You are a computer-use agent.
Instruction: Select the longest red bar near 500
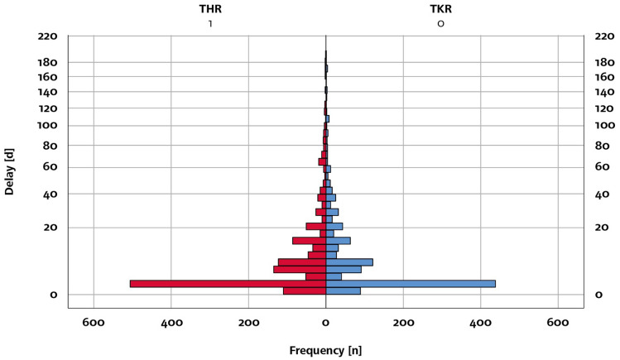(x=228, y=284)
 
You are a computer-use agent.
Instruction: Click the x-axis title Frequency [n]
(x=325, y=350)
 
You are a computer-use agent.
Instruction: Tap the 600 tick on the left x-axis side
(x=94, y=323)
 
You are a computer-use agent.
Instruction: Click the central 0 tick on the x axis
(x=325, y=323)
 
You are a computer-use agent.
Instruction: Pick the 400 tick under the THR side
(x=171, y=323)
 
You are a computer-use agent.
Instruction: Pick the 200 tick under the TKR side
(x=403, y=323)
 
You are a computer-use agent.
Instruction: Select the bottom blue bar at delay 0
(x=343, y=291)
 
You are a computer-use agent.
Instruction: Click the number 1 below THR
(x=210, y=24)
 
